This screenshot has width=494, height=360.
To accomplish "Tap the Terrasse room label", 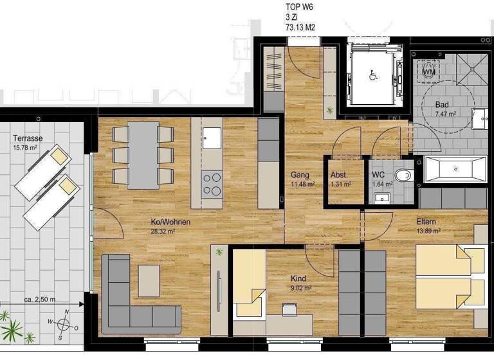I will tap(27, 138).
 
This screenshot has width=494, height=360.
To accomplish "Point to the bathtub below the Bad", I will tap(454, 170).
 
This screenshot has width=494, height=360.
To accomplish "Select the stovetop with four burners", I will tap(212, 183).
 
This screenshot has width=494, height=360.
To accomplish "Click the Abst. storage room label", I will tap(339, 175).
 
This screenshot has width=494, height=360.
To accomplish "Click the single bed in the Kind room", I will tap(248, 283).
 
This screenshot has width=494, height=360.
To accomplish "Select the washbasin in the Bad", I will tap(479, 119).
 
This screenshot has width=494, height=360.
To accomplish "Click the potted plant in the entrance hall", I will tap(330, 111).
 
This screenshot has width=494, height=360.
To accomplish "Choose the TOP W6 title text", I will tap(299, 8).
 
